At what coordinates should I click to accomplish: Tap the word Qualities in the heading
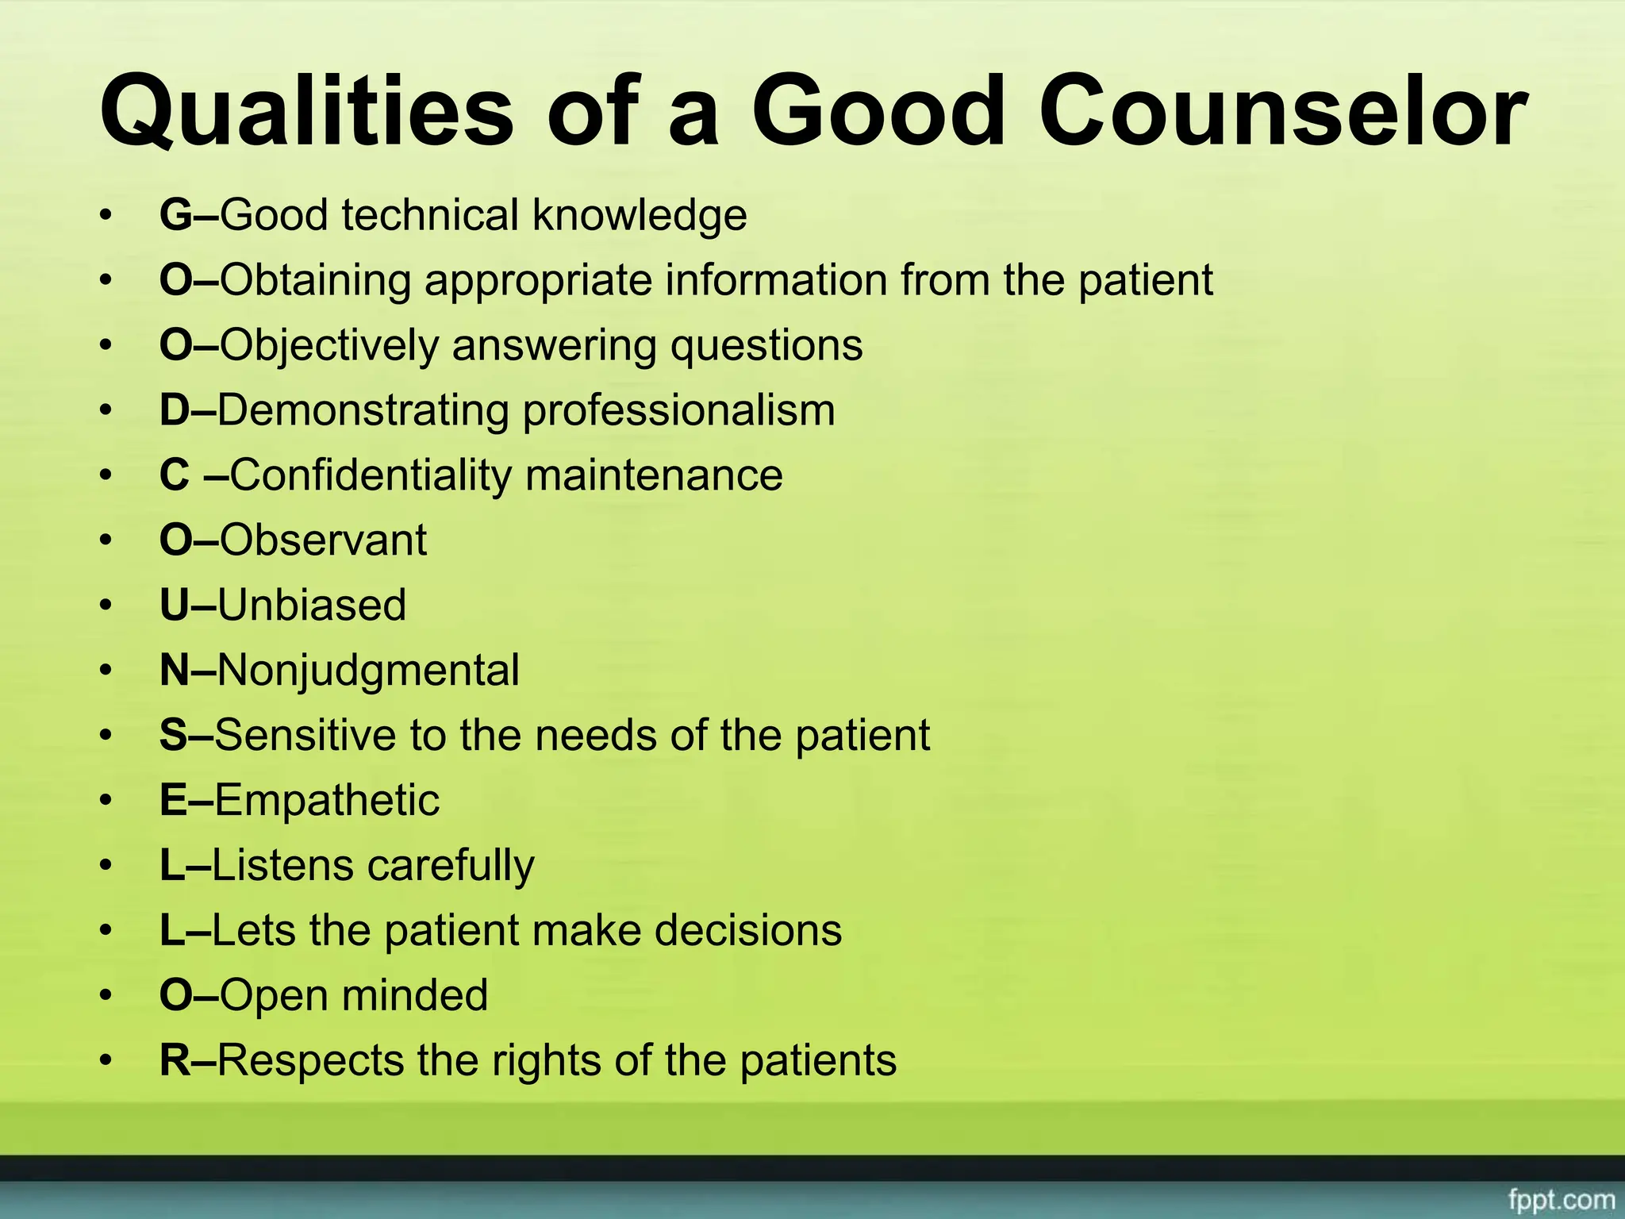tap(306, 111)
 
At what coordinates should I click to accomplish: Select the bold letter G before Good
tap(175, 215)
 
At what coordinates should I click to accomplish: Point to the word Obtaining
tap(315, 280)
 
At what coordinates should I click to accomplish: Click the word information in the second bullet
tap(774, 280)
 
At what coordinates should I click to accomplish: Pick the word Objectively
tap(329, 345)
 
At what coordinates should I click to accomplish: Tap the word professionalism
tap(679, 410)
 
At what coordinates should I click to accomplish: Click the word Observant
tap(323, 540)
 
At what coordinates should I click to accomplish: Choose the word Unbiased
tap(311, 606)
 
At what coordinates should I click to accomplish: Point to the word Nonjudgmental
tap(368, 671)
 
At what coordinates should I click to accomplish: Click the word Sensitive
tap(305, 736)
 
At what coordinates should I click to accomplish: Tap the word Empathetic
tap(326, 800)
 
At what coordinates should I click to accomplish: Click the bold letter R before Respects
tap(175, 1060)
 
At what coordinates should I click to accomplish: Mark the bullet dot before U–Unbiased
tap(106, 606)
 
